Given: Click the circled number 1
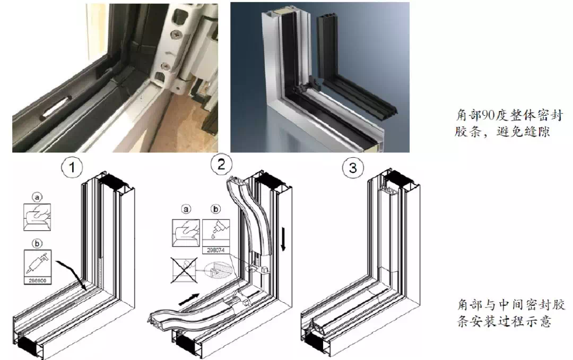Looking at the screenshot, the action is pyautogui.click(x=72, y=168).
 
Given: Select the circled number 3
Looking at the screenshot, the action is pyautogui.click(x=353, y=168).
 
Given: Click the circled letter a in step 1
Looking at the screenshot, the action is pyautogui.click(x=37, y=198).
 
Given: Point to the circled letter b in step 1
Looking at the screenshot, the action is pyautogui.click(x=37, y=243).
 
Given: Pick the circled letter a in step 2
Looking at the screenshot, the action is pyautogui.click(x=186, y=209).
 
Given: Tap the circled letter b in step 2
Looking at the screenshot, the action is pyautogui.click(x=216, y=209).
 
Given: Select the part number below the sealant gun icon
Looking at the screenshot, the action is pyautogui.click(x=38, y=281).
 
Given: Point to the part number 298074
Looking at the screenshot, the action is pyautogui.click(x=215, y=250).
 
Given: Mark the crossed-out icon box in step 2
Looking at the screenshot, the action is pyautogui.click(x=184, y=270).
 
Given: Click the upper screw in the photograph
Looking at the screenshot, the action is pyautogui.click(x=177, y=34).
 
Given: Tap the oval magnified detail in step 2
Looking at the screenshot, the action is pyautogui.click(x=219, y=270).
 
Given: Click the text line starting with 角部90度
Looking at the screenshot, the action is pyautogui.click(x=509, y=115).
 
